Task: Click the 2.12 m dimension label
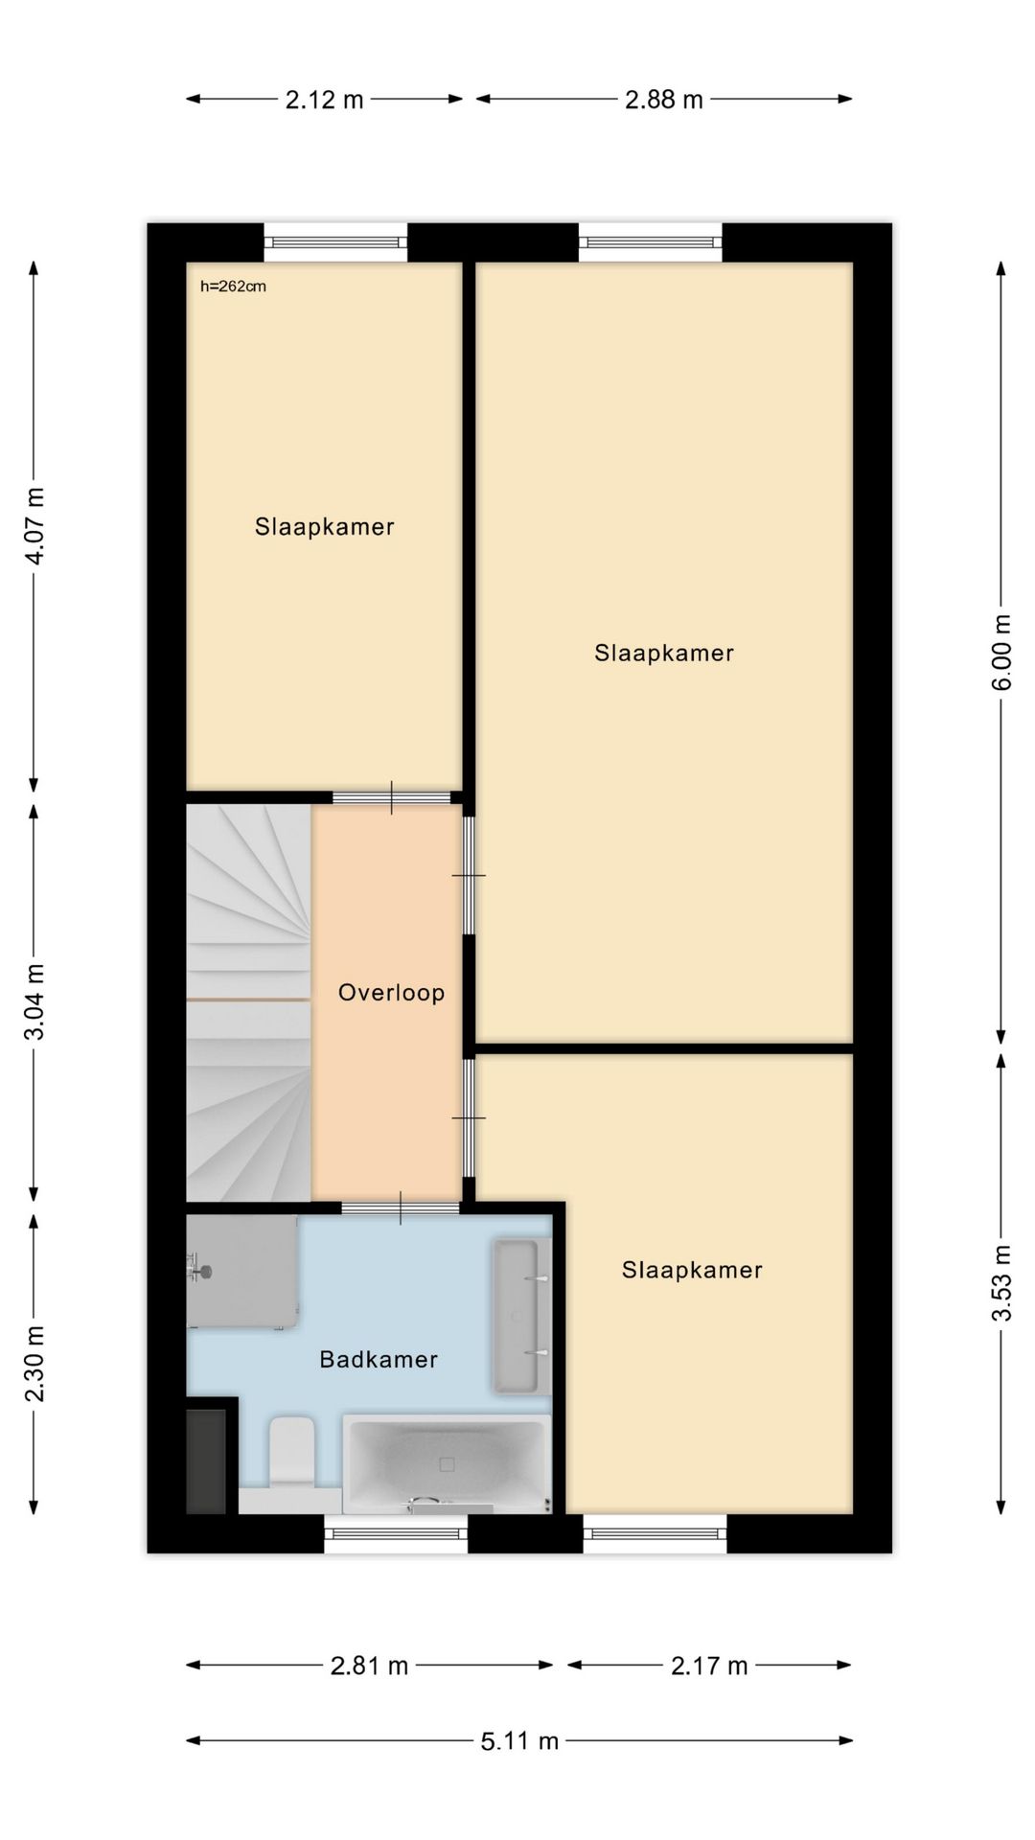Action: click(x=324, y=99)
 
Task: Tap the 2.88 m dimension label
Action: click(x=664, y=99)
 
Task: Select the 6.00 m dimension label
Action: click(x=1001, y=652)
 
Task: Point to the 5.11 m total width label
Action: click(x=519, y=1740)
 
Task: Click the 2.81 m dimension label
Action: click(x=370, y=1666)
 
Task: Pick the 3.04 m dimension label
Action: click(x=34, y=1001)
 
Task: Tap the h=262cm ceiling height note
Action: click(x=233, y=286)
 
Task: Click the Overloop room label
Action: click(x=391, y=992)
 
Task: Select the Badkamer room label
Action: click(x=379, y=1359)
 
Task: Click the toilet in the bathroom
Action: click(x=291, y=1452)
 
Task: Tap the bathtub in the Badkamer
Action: click(x=447, y=1463)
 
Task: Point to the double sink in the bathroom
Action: click(x=520, y=1315)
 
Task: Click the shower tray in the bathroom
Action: click(x=241, y=1272)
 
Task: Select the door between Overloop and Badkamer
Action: click(x=401, y=1207)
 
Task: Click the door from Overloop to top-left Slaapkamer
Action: click(x=391, y=797)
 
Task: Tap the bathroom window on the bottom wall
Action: click(x=396, y=1533)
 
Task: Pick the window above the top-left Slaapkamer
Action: click(x=335, y=242)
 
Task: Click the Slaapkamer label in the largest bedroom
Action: click(x=664, y=653)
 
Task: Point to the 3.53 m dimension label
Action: click(x=1001, y=1282)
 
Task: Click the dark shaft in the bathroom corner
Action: click(x=206, y=1461)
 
